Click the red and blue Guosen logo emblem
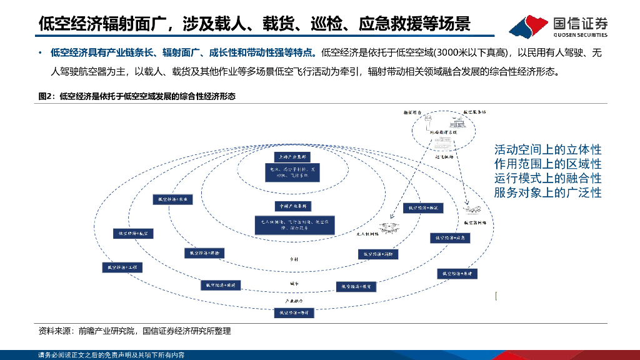pos(529,26)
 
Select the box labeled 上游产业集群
pos(294,156)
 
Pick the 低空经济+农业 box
pos(172,199)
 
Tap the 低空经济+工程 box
pos(122,267)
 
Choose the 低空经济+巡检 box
pos(204,253)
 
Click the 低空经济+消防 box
pos(378,254)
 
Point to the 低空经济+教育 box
pos(357,286)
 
